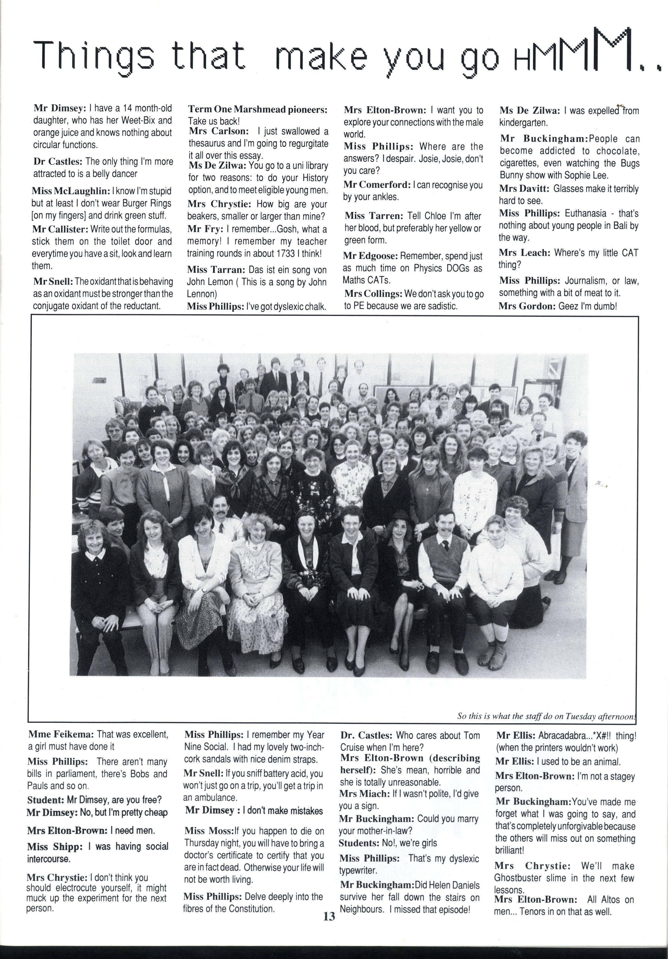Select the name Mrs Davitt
tap(524, 189)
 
